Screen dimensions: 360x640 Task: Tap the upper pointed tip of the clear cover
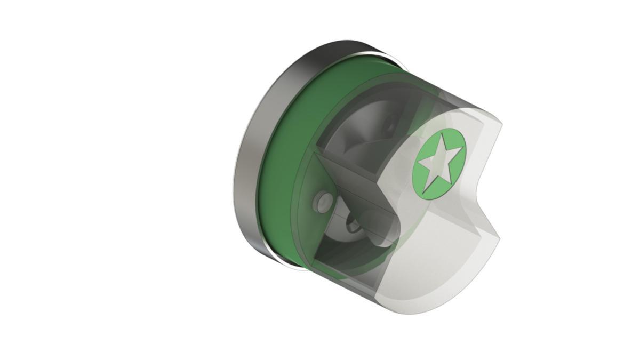[500, 124]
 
